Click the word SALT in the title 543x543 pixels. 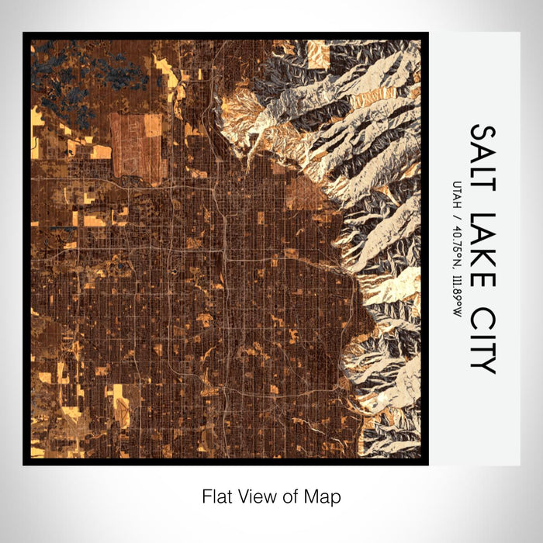[483, 159]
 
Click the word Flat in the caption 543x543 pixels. [217, 496]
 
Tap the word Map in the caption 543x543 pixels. [325, 496]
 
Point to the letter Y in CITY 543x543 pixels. [483, 363]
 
